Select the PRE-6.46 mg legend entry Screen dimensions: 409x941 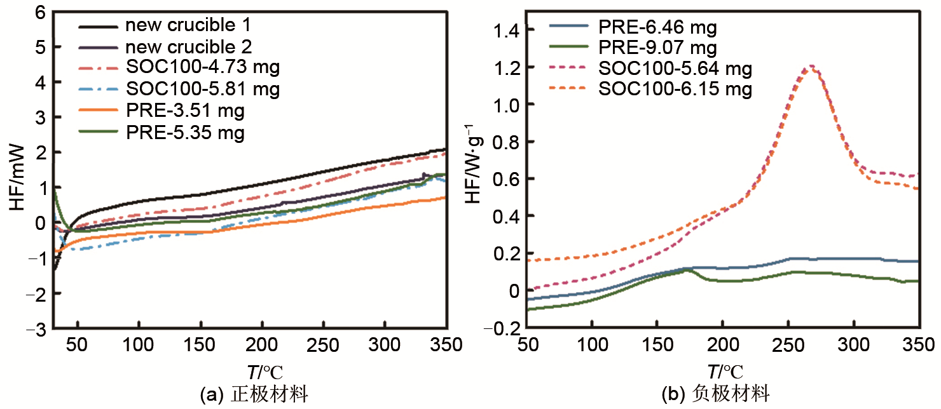click(x=657, y=27)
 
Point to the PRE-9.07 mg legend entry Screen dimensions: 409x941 click(x=657, y=48)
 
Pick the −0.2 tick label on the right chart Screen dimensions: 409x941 click(x=502, y=329)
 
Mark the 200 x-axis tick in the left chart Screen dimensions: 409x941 click(x=261, y=345)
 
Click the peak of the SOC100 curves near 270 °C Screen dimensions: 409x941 click(x=809, y=66)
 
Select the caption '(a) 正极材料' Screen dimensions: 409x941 click(x=254, y=395)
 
